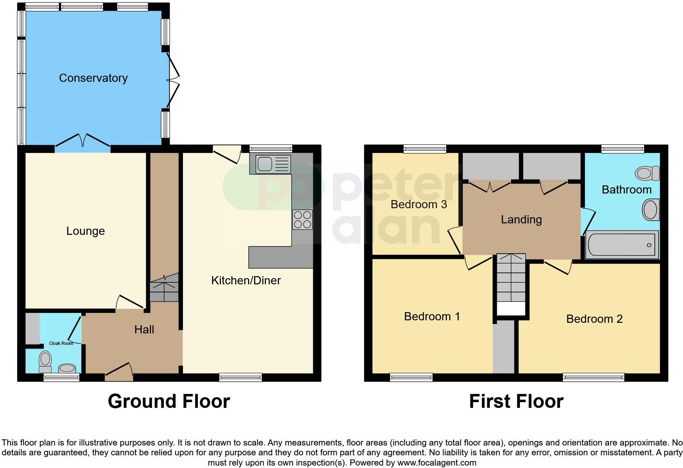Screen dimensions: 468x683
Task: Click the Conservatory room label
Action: (x=93, y=78)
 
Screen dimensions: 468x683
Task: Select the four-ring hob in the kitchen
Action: (x=302, y=219)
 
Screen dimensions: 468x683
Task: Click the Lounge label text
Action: (x=85, y=231)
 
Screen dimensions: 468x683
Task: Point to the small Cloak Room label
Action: (x=61, y=343)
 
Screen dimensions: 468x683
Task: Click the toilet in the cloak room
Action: (x=45, y=360)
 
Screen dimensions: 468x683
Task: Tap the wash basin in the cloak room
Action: (x=67, y=369)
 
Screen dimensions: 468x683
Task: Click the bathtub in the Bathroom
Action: (x=622, y=245)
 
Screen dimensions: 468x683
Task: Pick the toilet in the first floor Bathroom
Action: (x=647, y=173)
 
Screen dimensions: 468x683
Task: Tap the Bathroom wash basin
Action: (x=650, y=210)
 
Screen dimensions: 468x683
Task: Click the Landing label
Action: (x=521, y=220)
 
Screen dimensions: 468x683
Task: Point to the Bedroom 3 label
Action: (x=419, y=204)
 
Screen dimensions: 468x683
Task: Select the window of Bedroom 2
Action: (x=593, y=377)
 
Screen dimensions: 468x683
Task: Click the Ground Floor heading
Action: (x=169, y=401)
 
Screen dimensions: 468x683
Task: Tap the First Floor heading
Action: (x=516, y=401)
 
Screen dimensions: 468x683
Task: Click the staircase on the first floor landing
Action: (x=511, y=282)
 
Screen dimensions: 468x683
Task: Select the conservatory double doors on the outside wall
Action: (x=174, y=80)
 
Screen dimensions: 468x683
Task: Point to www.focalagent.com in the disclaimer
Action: (x=436, y=463)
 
